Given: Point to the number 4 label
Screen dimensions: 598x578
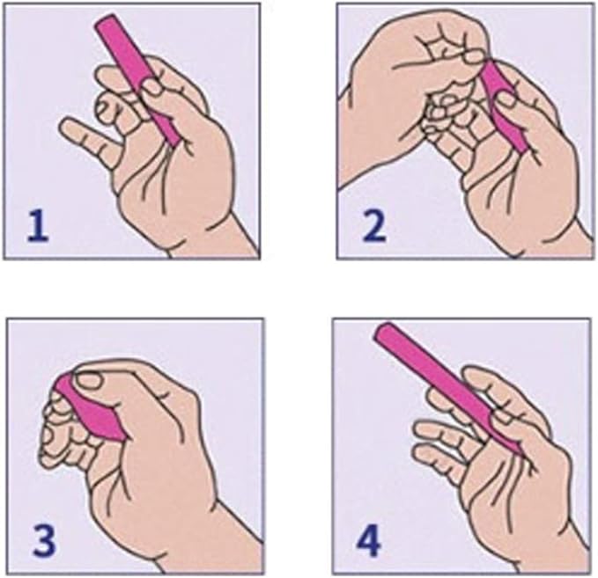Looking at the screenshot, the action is pyautogui.click(x=369, y=539).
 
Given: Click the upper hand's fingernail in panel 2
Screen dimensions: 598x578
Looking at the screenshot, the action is pyautogui.click(x=475, y=57).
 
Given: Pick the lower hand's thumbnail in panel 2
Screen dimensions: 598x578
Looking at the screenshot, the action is pyautogui.click(x=506, y=99).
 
